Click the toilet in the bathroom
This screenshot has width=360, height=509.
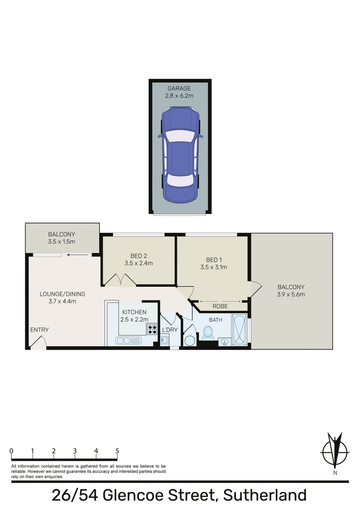[207, 333]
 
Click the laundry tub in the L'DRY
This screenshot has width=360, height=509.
[165, 341]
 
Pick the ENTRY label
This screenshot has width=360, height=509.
[39, 330]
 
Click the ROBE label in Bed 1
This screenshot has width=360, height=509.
[220, 306]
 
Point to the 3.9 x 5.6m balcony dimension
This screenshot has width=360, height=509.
[291, 295]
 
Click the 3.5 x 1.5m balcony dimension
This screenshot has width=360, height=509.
[62, 242]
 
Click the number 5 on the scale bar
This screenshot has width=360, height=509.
[117, 451]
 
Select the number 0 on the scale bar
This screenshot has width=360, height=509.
[11, 451]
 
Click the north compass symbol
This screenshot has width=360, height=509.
[335, 451]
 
